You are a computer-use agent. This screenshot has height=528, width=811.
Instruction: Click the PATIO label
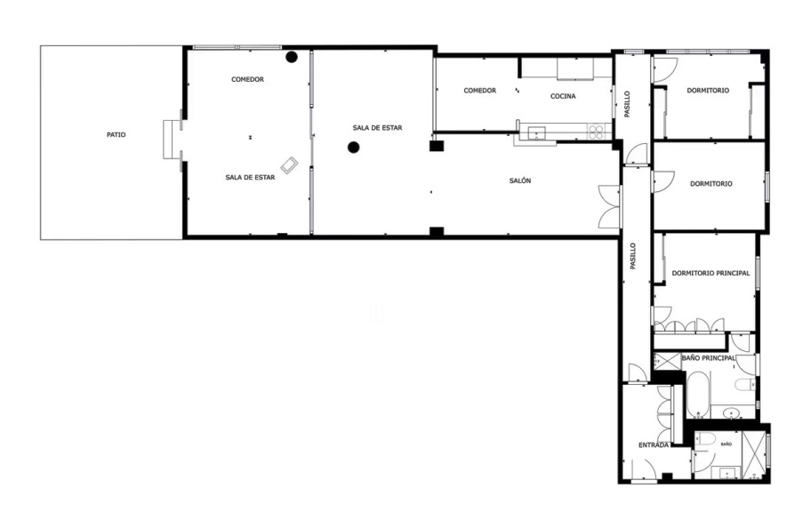tap(116, 135)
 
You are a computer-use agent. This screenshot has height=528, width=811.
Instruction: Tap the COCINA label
tap(563, 96)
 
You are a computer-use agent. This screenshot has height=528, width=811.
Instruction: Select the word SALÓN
tap(520, 180)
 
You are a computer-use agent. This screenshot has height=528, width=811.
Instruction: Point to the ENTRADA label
tap(654, 445)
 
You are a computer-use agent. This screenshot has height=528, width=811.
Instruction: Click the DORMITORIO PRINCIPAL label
tap(711, 273)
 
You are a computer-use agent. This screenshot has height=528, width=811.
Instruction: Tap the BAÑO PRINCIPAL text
tap(708, 358)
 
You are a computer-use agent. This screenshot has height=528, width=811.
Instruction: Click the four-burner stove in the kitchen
tap(596, 132)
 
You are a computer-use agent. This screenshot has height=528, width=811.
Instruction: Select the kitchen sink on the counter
tap(536, 133)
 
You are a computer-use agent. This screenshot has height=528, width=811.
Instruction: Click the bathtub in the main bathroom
tap(699, 395)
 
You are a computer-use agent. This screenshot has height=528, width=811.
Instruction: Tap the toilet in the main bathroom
tap(745, 385)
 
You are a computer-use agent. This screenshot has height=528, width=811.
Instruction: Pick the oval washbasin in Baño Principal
tap(731, 412)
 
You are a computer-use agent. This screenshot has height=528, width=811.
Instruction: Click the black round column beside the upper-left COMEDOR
tap(292, 58)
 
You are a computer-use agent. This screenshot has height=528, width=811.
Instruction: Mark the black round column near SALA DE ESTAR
tap(354, 148)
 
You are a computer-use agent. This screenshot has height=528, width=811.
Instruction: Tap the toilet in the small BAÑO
tap(705, 440)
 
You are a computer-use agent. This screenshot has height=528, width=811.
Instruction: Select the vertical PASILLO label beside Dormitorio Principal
tap(632, 256)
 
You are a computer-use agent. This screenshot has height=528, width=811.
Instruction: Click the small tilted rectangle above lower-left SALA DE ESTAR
tap(290, 165)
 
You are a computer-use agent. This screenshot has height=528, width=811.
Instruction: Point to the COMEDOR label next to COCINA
tap(480, 91)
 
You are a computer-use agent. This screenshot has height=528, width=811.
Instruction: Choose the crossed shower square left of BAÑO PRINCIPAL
tap(668, 361)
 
